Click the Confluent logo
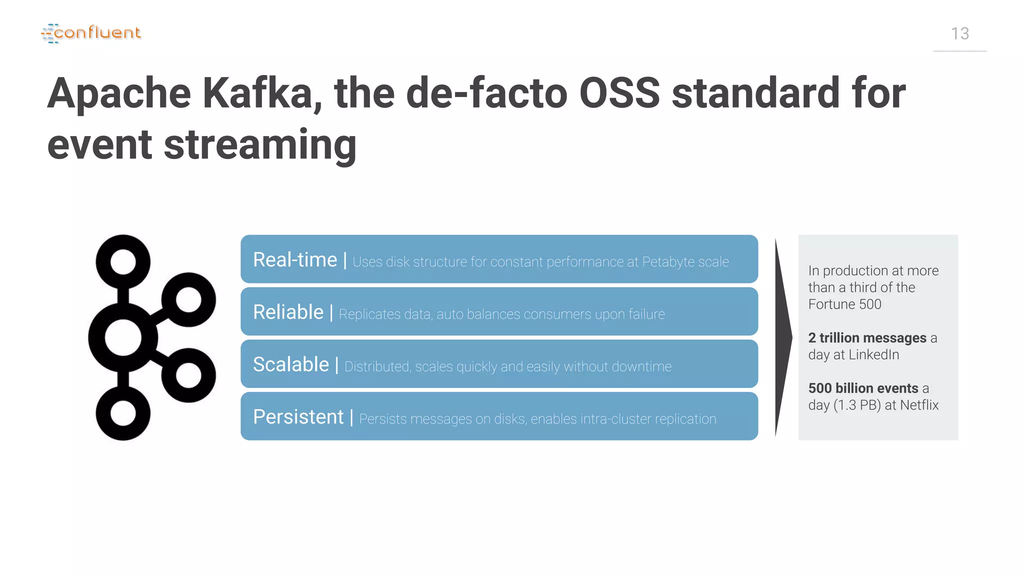coord(91,33)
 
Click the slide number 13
coord(959,34)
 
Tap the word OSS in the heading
coord(619,93)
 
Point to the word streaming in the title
coord(260,145)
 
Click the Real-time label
coord(295,260)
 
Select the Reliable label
coord(288,312)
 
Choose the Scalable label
coord(291,364)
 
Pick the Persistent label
coord(298,417)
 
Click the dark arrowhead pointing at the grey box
coord(783,337)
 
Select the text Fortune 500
coord(844,304)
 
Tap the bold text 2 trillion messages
coord(867,338)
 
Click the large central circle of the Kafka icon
coord(123,337)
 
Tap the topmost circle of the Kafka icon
coord(123,262)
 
